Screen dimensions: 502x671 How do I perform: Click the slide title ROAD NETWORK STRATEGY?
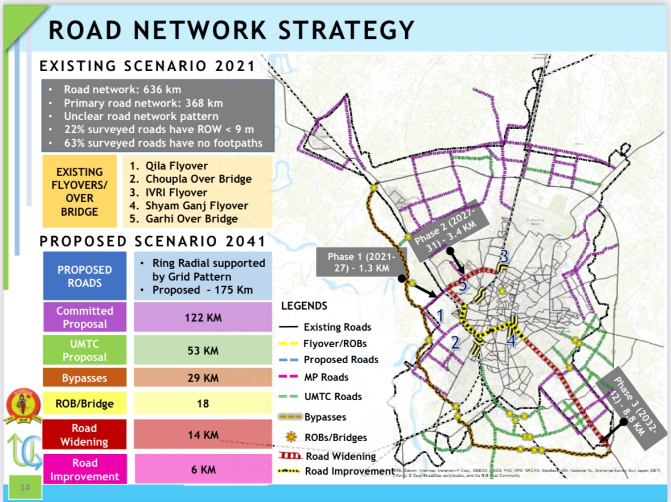pos(230,30)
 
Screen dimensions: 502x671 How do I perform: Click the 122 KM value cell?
pos(203,318)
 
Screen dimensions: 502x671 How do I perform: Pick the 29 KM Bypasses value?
pos(203,378)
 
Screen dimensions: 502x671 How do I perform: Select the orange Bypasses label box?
pos(84,378)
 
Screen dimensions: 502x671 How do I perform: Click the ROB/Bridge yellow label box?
pos(84,404)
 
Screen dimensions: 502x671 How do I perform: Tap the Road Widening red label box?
pos(84,435)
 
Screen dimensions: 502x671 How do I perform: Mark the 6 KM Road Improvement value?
pos(203,470)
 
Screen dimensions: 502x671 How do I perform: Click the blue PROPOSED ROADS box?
pos(84,276)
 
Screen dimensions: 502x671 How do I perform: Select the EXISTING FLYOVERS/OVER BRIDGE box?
pos(80,191)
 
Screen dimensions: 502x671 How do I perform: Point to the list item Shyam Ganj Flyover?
pos(192,205)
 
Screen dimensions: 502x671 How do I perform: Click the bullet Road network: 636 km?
pos(122,89)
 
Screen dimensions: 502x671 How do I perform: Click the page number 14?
pos(25,487)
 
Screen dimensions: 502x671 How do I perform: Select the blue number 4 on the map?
pos(511,341)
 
